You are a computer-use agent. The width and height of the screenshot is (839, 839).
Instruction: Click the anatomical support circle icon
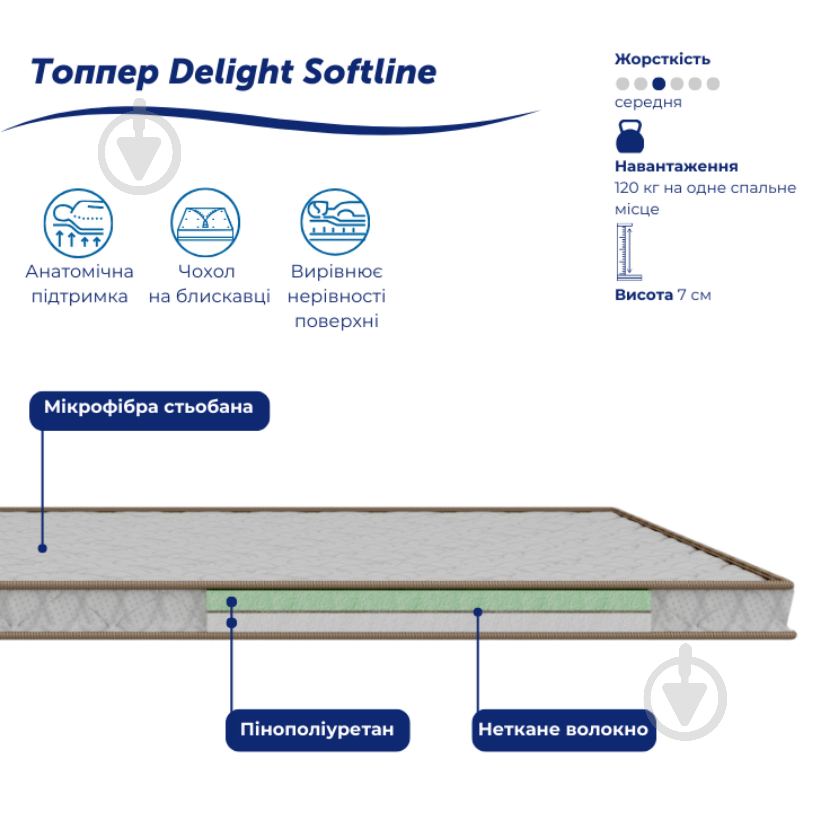(x=78, y=223)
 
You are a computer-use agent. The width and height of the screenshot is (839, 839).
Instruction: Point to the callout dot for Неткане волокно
(x=478, y=612)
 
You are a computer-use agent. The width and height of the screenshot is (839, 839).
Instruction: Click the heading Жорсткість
(x=662, y=59)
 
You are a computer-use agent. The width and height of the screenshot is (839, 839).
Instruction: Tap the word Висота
(x=644, y=295)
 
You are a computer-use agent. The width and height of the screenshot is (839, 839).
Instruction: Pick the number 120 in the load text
(x=627, y=188)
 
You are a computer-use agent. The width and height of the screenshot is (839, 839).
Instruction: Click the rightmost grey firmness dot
(x=713, y=84)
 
